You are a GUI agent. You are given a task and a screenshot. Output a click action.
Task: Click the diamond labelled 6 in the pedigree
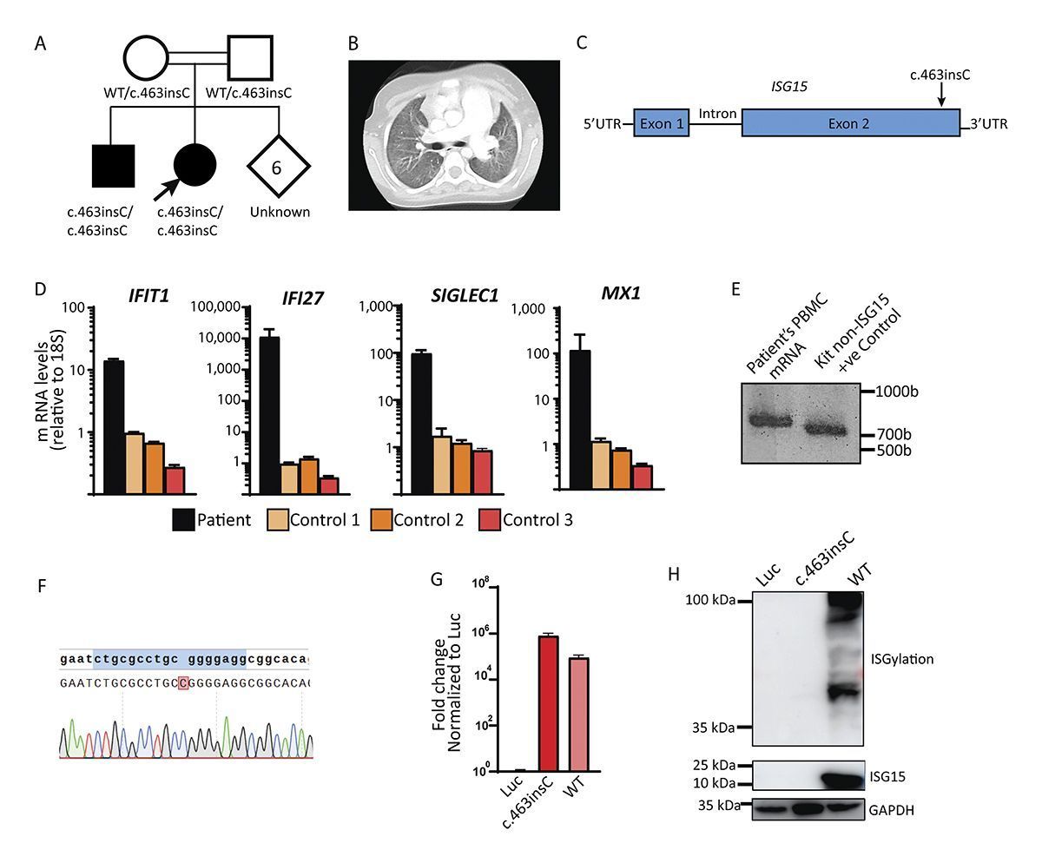tap(276, 167)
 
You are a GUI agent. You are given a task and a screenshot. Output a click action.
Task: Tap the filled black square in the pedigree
tap(113, 166)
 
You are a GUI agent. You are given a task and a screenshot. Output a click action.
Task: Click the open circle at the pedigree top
tap(146, 58)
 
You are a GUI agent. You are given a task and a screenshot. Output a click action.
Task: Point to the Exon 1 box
tap(662, 124)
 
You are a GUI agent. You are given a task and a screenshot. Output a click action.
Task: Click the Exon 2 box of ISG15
tap(850, 124)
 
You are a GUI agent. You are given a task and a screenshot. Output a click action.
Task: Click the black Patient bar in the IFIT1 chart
tap(114, 425)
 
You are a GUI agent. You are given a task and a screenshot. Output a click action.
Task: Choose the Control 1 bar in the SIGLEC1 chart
tap(417, 464)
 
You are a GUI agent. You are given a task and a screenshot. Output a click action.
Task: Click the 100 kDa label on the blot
tap(707, 600)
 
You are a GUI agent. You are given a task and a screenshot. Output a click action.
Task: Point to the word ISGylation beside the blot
tap(901, 659)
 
